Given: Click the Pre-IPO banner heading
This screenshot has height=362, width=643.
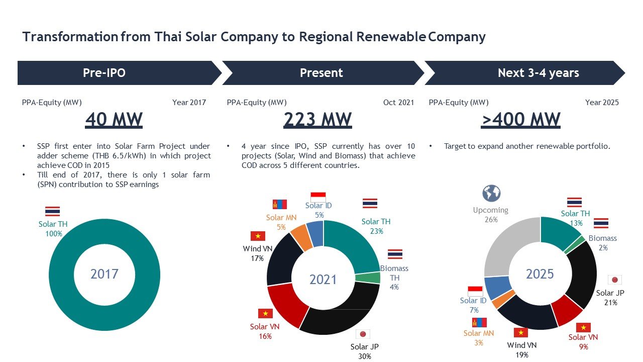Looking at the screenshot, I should (104, 73).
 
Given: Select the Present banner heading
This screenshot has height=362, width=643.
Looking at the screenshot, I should (321, 73).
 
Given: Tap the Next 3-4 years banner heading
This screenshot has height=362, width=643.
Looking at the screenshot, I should (538, 73).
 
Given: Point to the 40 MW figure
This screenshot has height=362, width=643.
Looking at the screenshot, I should (114, 120).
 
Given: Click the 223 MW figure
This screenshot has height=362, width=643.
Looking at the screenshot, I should (317, 120).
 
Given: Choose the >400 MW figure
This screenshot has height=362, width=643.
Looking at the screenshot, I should (520, 120).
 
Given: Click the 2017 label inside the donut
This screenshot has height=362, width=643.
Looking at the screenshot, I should (104, 274).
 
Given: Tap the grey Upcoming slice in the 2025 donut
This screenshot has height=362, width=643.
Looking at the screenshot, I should (505, 244).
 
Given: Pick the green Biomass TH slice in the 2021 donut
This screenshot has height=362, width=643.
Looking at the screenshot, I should (368, 278).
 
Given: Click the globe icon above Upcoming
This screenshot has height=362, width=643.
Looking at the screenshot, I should (491, 194).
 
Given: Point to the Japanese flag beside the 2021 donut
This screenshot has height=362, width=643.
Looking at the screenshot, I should (363, 334).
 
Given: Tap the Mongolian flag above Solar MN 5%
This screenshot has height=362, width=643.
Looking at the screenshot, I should (279, 205).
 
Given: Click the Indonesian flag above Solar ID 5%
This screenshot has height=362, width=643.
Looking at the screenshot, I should (318, 197).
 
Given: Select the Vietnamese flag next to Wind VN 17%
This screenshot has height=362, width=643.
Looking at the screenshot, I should (258, 236).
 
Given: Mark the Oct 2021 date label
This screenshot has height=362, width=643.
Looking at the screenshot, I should (398, 103).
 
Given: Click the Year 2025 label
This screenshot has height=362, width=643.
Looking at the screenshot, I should (602, 103).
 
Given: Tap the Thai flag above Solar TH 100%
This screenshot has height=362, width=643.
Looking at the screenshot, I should (52, 211).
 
